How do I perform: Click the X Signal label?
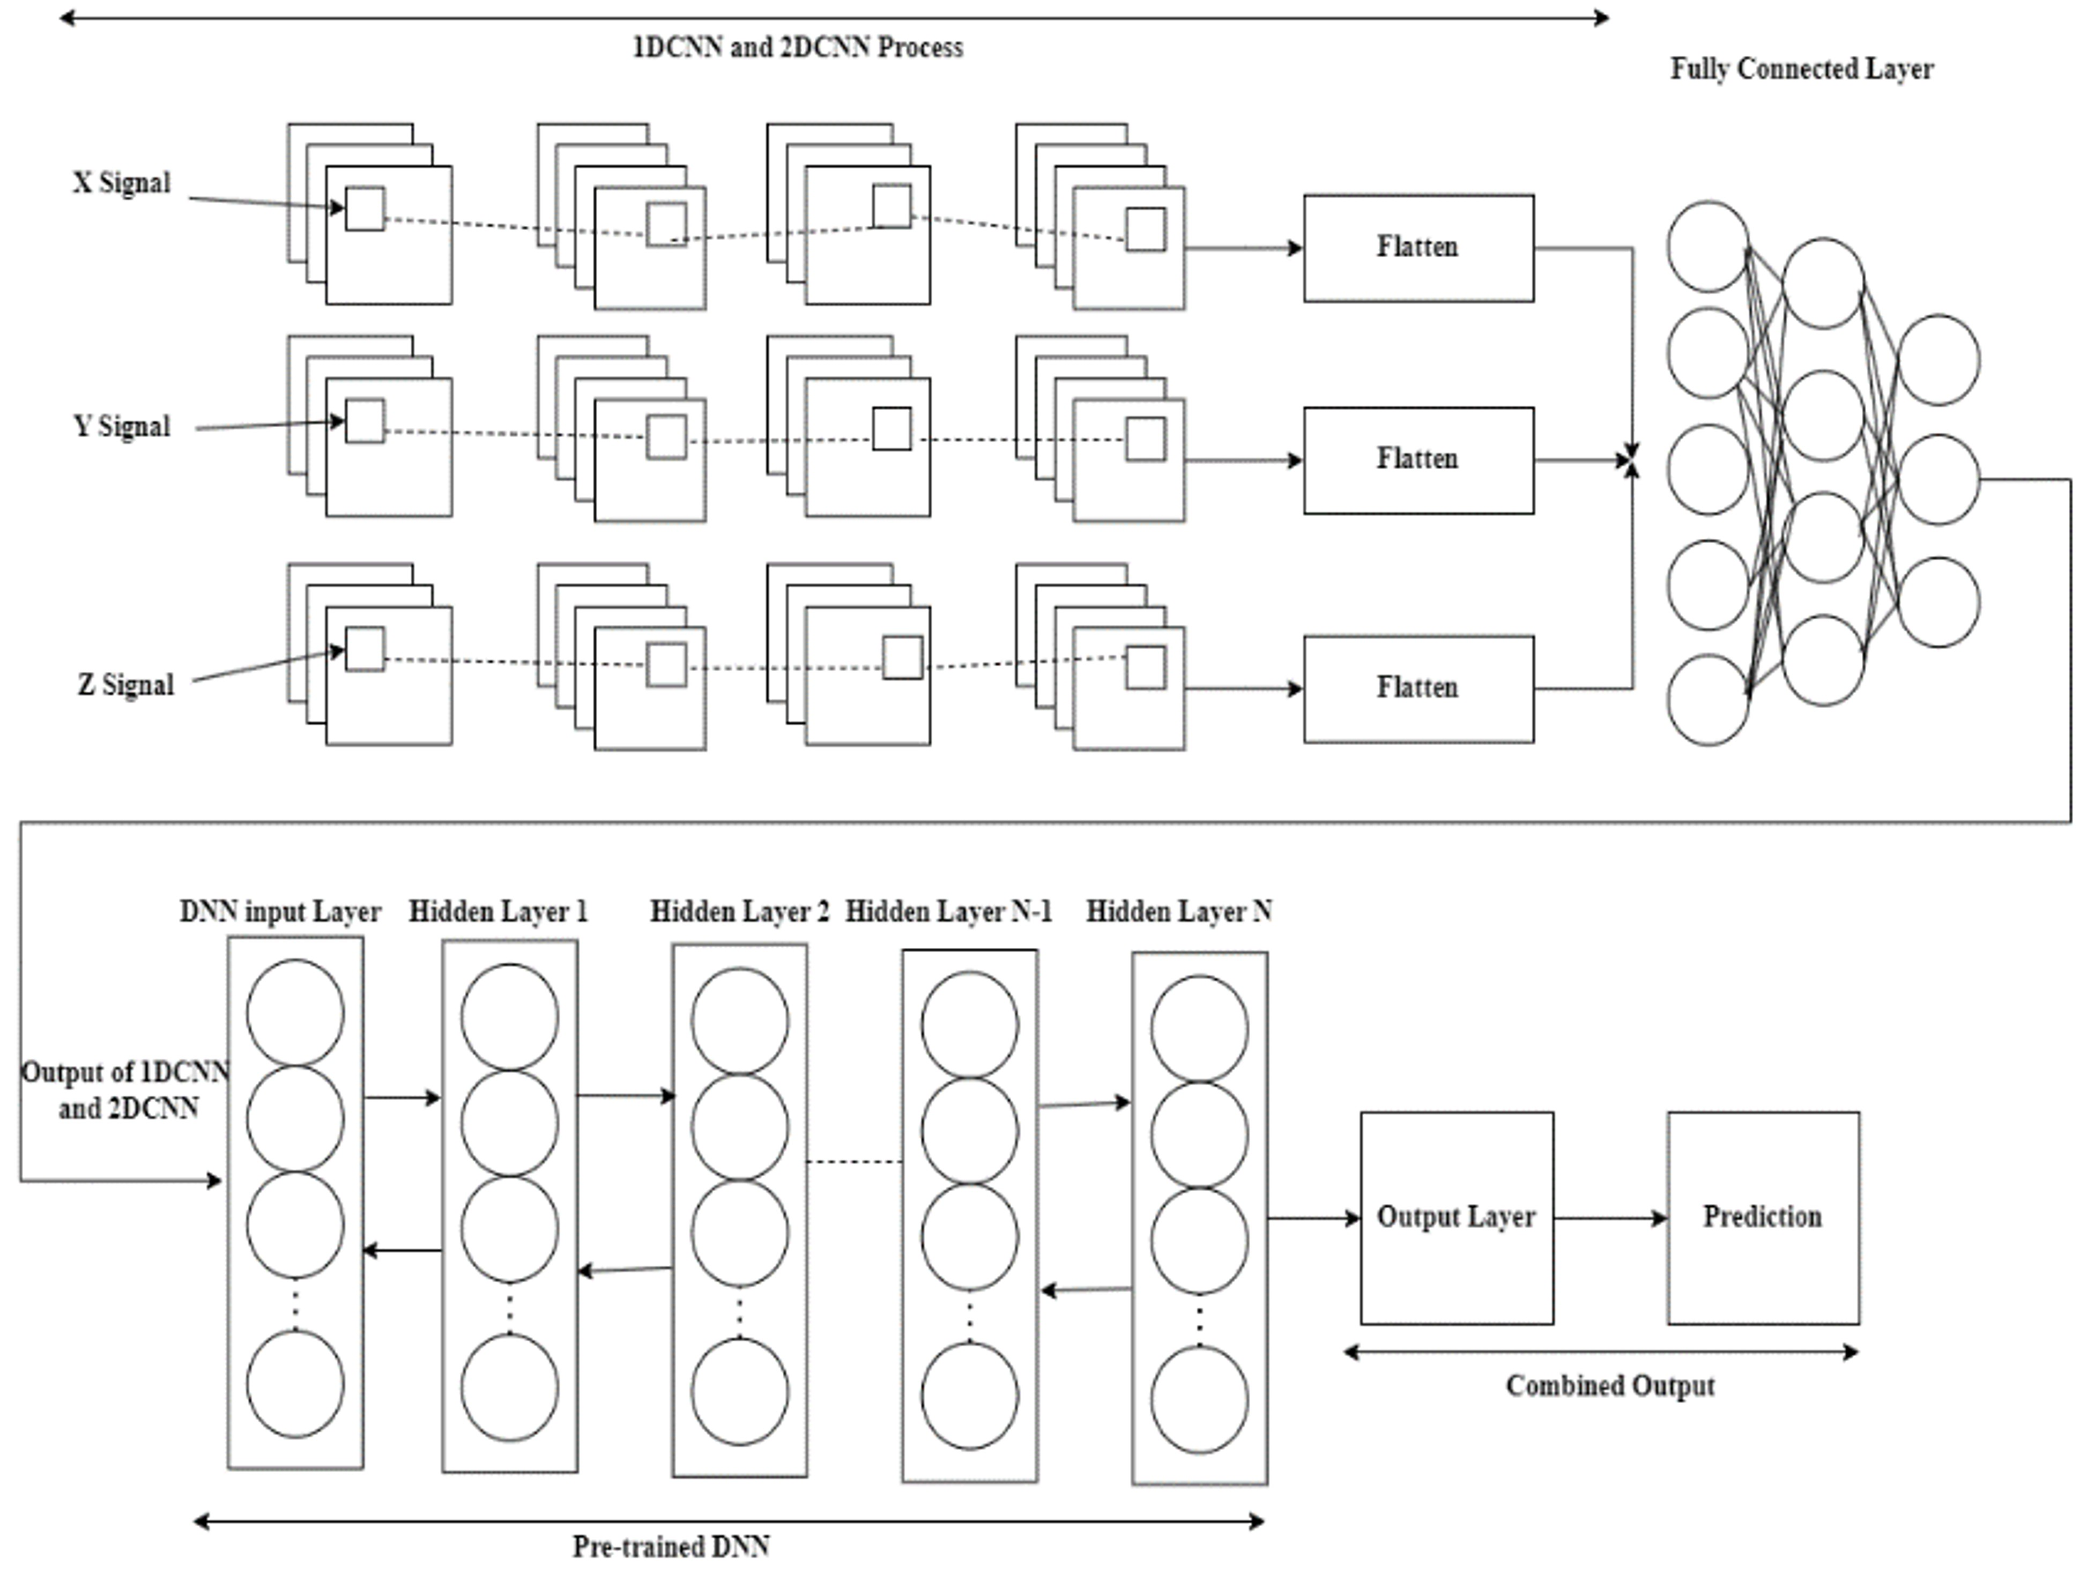(122, 183)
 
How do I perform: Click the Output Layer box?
(1456, 1217)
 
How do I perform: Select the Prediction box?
(1763, 1217)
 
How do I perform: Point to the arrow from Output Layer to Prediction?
(1609, 1218)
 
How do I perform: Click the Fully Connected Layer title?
(1801, 69)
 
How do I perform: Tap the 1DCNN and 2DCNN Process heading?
(797, 47)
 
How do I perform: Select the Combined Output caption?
(1609, 1386)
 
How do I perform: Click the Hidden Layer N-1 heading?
(948, 911)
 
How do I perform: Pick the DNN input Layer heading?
(280, 911)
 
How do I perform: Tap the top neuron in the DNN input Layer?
(295, 1012)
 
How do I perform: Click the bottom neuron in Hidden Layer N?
(1199, 1400)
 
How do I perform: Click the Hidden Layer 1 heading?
(498, 911)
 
